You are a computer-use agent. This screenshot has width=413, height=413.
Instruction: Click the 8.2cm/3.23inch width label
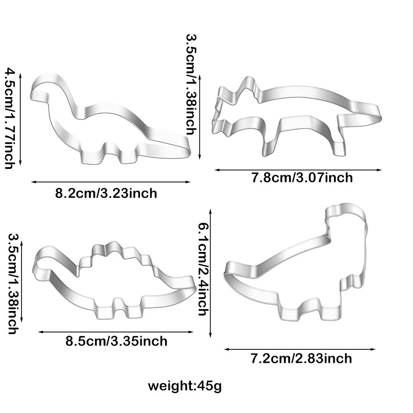click(x=106, y=193)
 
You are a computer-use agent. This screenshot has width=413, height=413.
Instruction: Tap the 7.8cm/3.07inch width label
click(x=302, y=178)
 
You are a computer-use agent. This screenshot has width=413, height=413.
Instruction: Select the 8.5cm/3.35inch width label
click(x=116, y=341)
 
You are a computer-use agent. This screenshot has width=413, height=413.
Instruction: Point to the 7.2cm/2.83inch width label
click(x=301, y=358)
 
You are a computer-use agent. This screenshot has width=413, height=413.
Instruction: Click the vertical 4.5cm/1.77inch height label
click(x=9, y=118)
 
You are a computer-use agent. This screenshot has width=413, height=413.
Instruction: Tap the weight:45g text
click(x=185, y=387)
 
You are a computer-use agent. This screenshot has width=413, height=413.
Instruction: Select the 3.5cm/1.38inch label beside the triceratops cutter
click(x=190, y=84)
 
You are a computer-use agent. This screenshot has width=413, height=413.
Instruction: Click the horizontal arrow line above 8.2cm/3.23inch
click(x=111, y=181)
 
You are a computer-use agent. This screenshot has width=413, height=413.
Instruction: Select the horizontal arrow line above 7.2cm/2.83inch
click(x=300, y=349)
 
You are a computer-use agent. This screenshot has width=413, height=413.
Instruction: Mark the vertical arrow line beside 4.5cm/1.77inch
click(x=21, y=118)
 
